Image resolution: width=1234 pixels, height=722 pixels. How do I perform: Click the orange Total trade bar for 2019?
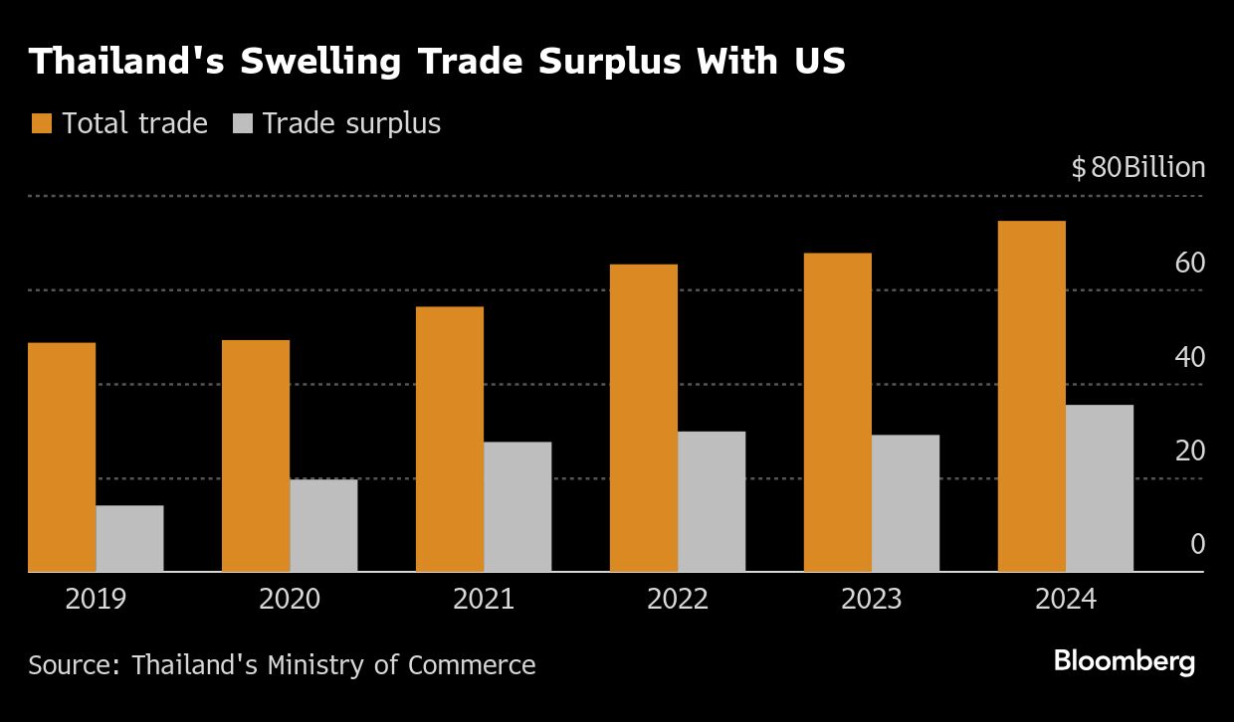pos(62,457)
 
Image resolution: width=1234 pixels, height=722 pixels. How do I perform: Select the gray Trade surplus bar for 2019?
pos(129,538)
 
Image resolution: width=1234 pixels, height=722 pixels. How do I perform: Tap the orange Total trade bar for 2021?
pos(450,439)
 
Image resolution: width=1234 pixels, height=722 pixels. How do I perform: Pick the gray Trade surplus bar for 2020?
pos(323,525)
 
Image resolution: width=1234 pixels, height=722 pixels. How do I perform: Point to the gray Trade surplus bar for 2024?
pos(1099,487)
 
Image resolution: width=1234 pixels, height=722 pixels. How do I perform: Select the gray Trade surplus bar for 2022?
pos(712,501)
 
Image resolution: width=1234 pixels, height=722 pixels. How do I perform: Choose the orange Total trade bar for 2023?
pos(838,412)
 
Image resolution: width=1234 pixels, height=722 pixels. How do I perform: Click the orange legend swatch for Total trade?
pos(41,123)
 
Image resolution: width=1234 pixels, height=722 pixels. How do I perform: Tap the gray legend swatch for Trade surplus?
pos(243,123)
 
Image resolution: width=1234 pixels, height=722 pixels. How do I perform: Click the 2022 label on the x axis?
pos(678,600)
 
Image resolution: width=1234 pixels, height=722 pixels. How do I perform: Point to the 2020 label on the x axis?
pos(290,600)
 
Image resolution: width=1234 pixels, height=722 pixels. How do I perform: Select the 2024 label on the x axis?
pos(1065,600)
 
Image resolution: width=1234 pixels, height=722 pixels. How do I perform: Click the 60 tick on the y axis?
pos(1190,264)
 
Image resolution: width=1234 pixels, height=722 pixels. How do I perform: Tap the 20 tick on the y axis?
pos(1190,451)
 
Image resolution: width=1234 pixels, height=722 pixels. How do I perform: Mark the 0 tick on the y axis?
pos(1197,545)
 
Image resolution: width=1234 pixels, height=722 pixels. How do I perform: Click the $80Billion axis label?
pos(1138,168)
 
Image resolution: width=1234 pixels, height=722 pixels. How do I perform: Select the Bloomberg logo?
pos(1125,661)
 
